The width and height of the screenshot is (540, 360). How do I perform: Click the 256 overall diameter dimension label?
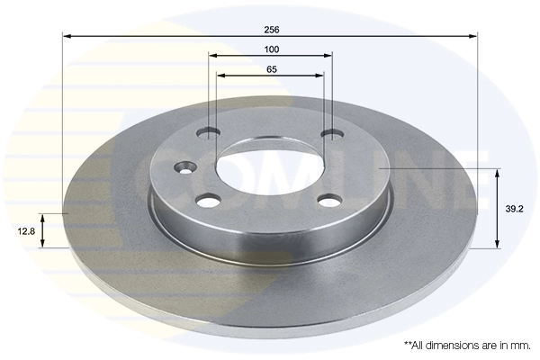tap(271, 27)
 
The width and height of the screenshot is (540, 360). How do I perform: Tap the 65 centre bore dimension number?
tap(271, 68)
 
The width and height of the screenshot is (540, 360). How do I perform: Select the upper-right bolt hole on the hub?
tap(332, 135)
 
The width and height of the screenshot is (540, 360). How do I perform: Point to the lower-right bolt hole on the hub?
tap(329, 200)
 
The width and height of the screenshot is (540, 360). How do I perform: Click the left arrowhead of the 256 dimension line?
tap(66, 36)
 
